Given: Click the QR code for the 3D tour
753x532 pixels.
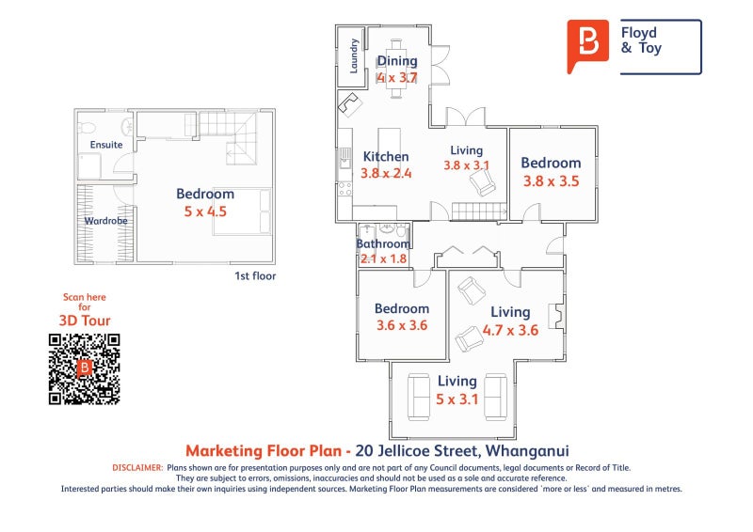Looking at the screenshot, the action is (x=84, y=369).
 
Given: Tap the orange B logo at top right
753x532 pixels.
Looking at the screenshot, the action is (x=587, y=46).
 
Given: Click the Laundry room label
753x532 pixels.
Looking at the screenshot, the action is (x=354, y=55).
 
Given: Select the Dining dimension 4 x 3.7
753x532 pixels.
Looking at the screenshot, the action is (x=397, y=77).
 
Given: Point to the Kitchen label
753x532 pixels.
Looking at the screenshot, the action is (x=386, y=156).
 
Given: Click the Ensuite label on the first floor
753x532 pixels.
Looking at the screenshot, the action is (x=106, y=145).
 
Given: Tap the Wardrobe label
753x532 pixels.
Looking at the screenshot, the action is (x=105, y=221).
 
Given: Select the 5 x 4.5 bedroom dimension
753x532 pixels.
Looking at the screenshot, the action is (x=205, y=211).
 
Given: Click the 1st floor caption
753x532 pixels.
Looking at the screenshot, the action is (x=255, y=275).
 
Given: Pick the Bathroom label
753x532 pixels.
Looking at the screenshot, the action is (x=383, y=243).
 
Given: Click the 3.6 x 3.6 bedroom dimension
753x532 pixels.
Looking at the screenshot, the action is (x=402, y=325).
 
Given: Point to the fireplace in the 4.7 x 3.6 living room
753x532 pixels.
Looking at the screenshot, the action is (x=556, y=316).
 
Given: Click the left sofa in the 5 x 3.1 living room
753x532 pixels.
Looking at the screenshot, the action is (x=419, y=398).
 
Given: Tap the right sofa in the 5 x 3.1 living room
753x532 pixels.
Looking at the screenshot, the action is (x=496, y=398).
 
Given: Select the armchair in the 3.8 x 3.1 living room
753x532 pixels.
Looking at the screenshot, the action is (x=482, y=183).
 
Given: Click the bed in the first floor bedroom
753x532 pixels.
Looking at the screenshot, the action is (x=242, y=211).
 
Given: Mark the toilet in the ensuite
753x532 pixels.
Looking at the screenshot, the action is (x=87, y=128).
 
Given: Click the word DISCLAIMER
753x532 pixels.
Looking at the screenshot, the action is (x=137, y=468).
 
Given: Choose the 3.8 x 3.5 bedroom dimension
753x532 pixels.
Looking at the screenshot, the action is (x=552, y=181).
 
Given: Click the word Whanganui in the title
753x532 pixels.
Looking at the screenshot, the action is (x=527, y=451).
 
